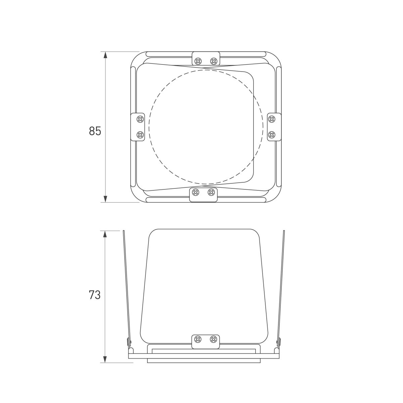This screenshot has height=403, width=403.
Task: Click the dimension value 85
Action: tap(95, 131)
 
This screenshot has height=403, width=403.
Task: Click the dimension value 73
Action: tap(95, 295)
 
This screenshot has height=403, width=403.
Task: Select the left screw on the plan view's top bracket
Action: tap(198, 61)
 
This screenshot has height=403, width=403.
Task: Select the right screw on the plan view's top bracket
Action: tap(213, 61)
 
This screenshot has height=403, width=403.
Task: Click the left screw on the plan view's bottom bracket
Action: tap(196, 192)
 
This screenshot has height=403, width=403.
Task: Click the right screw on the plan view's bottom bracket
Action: tap(211, 192)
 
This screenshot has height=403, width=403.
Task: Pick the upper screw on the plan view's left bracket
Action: tap(140, 119)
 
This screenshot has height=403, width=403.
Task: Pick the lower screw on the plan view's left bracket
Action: tap(140, 135)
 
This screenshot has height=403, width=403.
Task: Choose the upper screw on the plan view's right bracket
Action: tap(272, 119)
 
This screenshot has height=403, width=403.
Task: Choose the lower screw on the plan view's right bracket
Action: tap(272, 135)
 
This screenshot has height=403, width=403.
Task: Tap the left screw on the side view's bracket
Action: tap(198, 340)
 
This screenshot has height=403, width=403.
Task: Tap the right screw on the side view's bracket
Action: tap(213, 340)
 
